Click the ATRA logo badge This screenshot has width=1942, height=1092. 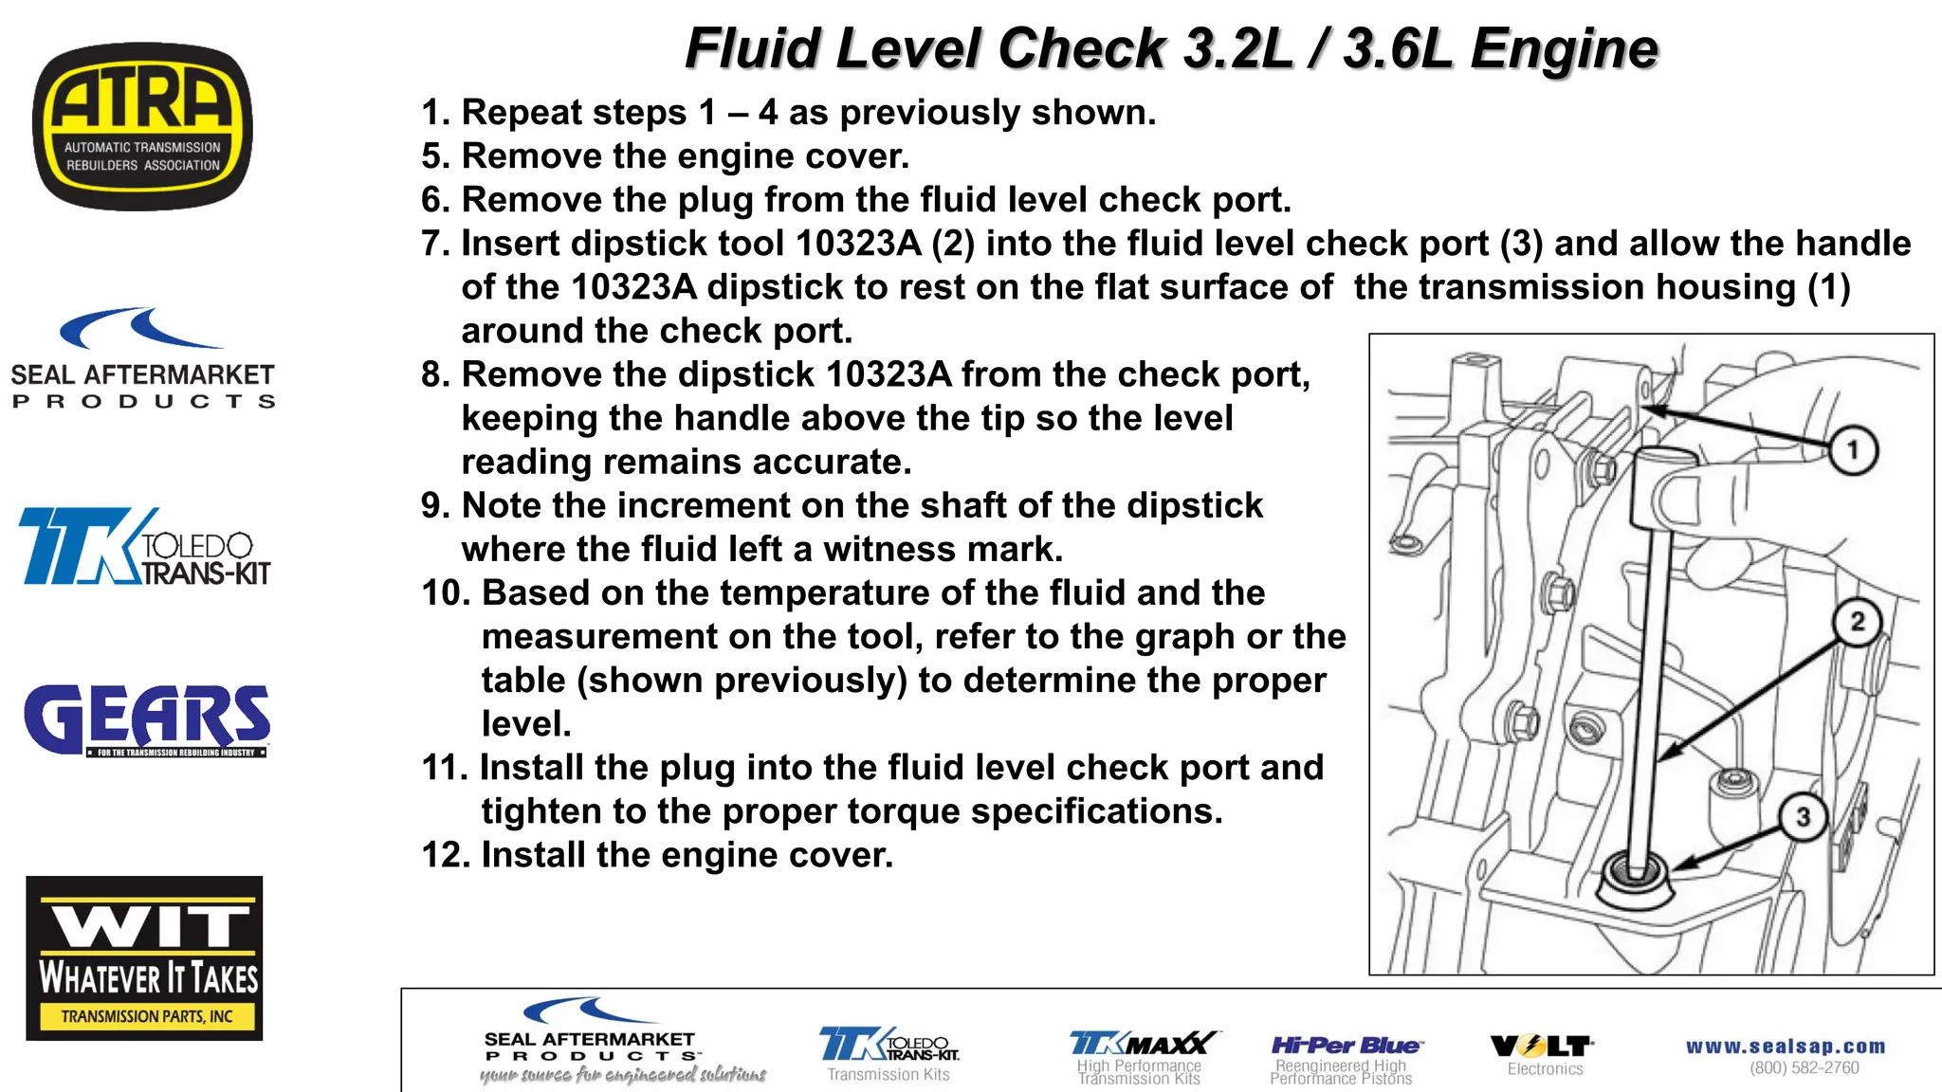point(142,126)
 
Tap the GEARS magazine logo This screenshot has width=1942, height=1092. point(147,720)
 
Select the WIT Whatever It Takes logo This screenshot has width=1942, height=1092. point(144,957)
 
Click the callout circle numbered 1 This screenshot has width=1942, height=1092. point(1852,450)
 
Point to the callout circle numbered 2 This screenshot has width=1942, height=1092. point(1857,622)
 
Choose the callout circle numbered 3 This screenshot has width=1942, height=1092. point(1803,817)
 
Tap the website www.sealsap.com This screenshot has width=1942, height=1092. point(1785,1046)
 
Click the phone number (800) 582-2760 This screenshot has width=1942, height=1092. point(1804,1068)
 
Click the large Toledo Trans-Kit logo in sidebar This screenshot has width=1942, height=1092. point(144,547)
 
